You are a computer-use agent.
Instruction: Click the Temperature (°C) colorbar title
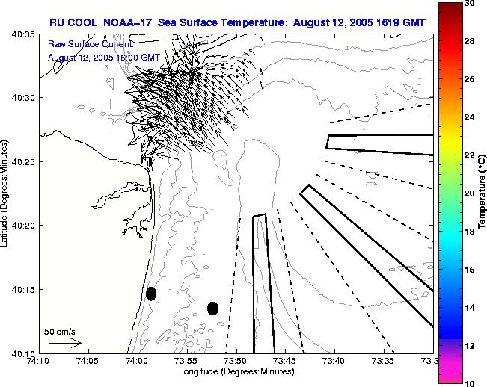point(483,193)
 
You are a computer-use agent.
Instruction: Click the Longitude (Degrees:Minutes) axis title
point(236,371)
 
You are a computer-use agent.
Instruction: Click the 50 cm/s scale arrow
point(66,343)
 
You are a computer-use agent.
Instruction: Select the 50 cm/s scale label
point(60,331)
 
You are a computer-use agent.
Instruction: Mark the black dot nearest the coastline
point(151,294)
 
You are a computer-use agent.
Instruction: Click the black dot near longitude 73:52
point(212,308)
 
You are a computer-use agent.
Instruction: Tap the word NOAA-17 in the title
point(124,22)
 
